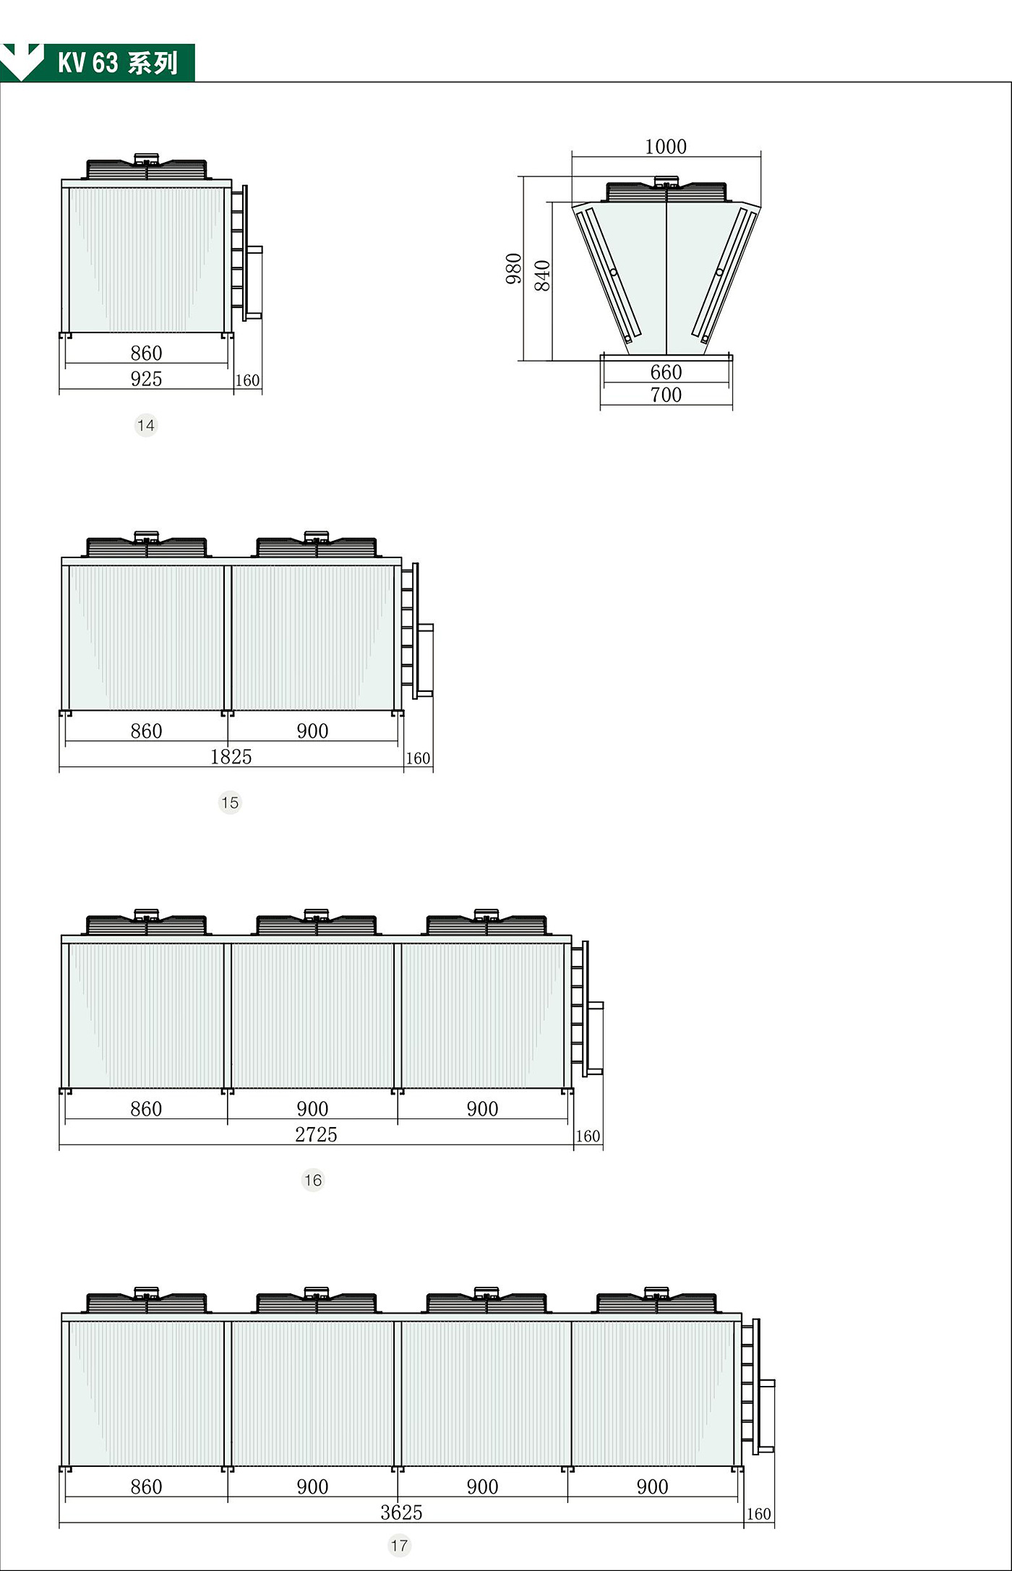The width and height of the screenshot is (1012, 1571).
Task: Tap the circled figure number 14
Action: (146, 425)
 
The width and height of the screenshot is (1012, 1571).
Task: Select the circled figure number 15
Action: (230, 802)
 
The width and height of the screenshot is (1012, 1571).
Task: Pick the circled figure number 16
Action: (313, 1181)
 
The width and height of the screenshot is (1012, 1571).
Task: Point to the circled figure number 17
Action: (399, 1546)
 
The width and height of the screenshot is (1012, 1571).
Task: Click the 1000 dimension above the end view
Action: (665, 147)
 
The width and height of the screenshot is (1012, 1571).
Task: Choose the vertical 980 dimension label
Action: (514, 269)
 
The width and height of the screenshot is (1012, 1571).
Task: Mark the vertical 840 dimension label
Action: (542, 275)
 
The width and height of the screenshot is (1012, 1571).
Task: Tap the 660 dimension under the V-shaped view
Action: (666, 372)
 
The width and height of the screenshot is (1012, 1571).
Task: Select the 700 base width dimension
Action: (666, 395)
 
